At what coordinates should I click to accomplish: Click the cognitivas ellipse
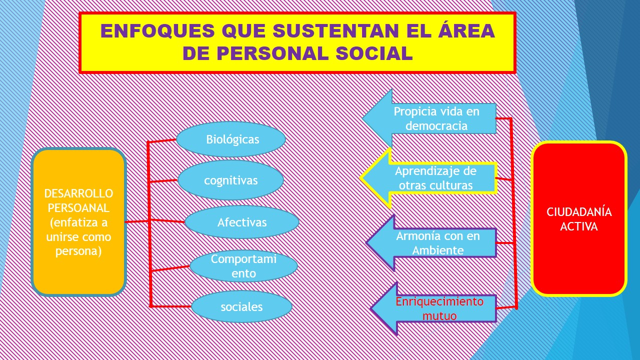[x=230, y=180]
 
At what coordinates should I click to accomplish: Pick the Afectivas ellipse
[x=242, y=222]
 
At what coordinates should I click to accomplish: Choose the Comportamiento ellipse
[x=243, y=266]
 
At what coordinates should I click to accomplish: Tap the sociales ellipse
[x=241, y=306]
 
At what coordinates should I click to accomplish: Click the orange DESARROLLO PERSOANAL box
[x=78, y=222]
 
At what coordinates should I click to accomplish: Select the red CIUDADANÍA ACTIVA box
[x=579, y=218]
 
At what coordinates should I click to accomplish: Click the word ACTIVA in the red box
[x=579, y=226]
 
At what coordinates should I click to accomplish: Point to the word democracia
[x=436, y=125]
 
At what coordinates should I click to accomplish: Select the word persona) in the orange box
[x=78, y=251]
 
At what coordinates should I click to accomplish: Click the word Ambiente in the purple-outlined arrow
[x=438, y=249]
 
